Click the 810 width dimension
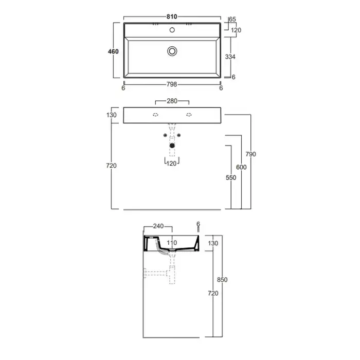[x=172, y=17]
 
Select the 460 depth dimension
[x=113, y=51]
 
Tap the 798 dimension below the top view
[x=172, y=84]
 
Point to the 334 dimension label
[x=230, y=57]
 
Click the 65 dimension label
[x=232, y=20]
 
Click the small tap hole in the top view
[x=172, y=30]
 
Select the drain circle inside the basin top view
[x=172, y=51]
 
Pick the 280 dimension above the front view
[x=172, y=101]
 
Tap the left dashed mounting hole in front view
[x=155, y=115]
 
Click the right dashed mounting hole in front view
[x=189, y=115]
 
